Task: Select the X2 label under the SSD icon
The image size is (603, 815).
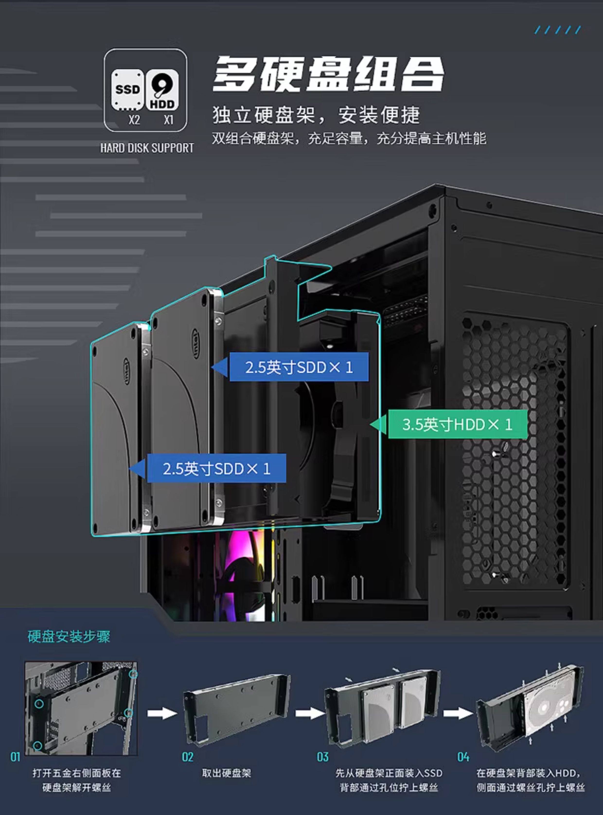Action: click(x=134, y=120)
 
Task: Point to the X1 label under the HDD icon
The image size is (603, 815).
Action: click(x=168, y=120)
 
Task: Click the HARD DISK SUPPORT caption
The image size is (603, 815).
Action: click(x=147, y=148)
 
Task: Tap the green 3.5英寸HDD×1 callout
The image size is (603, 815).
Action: click(x=457, y=424)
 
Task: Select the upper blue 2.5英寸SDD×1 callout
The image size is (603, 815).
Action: click(x=299, y=367)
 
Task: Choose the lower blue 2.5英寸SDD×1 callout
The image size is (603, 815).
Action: click(x=216, y=469)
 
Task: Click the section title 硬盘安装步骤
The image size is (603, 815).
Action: click(x=69, y=637)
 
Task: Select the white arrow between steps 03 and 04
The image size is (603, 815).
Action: click(x=458, y=713)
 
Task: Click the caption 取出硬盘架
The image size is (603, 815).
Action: click(x=227, y=773)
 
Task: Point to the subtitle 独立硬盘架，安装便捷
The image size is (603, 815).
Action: click(x=316, y=115)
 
